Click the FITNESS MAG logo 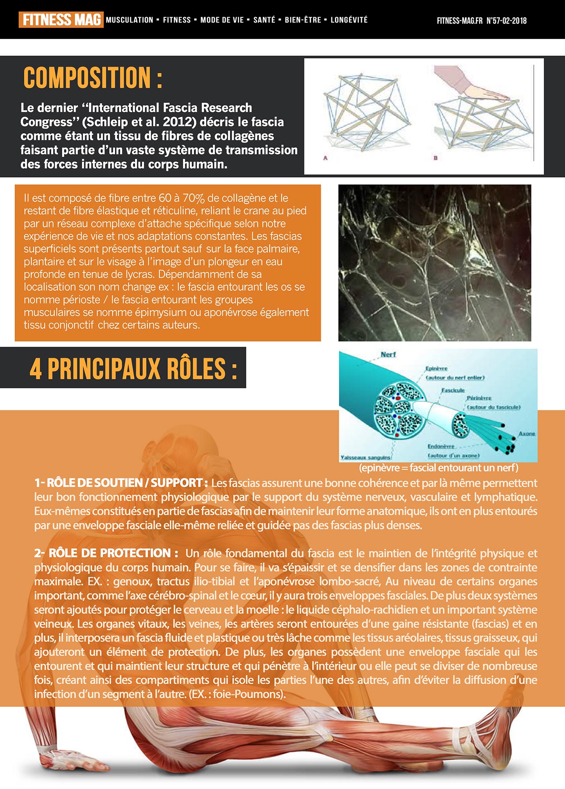point(61,20)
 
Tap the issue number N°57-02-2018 point(506,20)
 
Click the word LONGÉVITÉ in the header point(349,20)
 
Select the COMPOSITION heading point(93,78)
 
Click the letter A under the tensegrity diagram point(325,158)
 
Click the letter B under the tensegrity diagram point(435,158)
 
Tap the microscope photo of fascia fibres point(434,263)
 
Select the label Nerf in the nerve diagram point(388,354)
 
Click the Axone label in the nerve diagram point(527,434)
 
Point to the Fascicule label point(453,391)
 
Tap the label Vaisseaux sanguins point(365,457)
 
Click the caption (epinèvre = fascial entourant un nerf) point(438,467)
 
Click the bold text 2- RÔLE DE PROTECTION point(106,553)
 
